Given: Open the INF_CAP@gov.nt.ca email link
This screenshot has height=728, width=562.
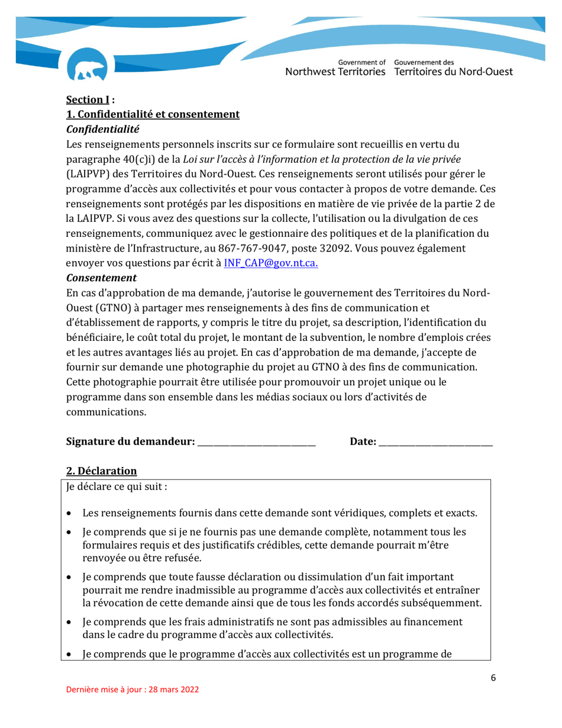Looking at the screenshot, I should [x=271, y=262].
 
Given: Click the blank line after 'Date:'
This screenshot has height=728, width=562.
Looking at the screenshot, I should [x=435, y=442].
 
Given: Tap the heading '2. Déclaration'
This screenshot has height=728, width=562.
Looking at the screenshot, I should [x=101, y=471].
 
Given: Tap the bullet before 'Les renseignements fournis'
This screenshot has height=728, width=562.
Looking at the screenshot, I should [x=70, y=513].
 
